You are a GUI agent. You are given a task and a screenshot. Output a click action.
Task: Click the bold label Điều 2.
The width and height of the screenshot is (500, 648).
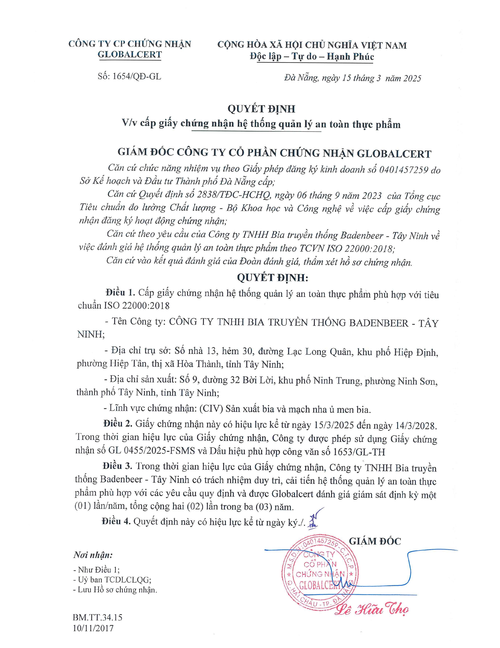118,424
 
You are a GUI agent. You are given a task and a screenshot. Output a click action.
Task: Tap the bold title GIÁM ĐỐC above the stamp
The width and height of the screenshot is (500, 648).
375,541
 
